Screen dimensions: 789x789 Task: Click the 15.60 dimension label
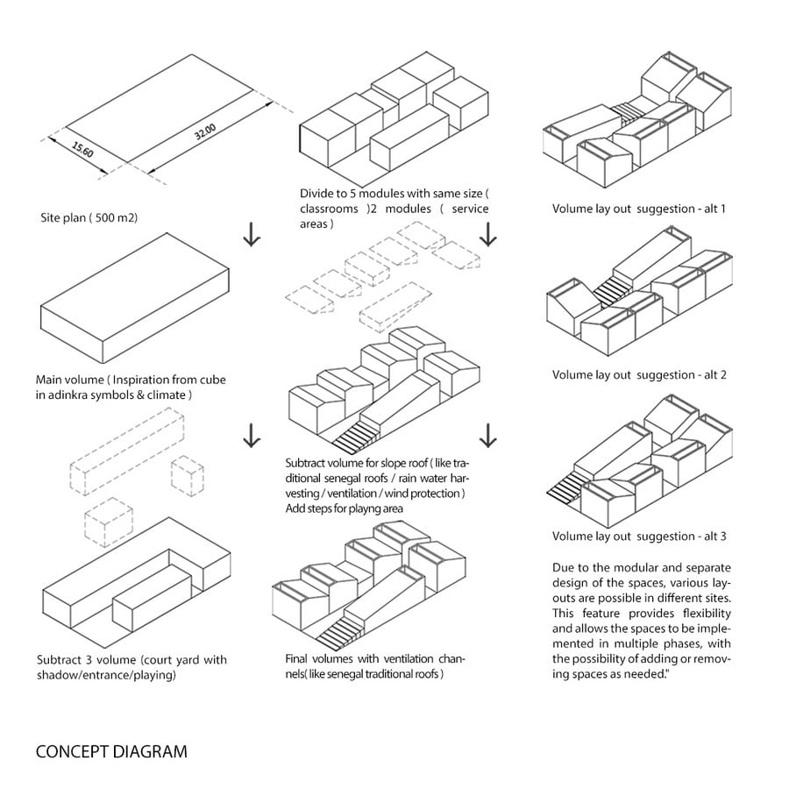pyautogui.click(x=82, y=150)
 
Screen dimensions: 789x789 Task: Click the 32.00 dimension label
pyautogui.click(x=205, y=131)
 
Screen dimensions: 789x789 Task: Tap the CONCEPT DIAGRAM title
pyautogui.click(x=111, y=752)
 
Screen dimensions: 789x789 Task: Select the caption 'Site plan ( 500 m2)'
pyautogui.click(x=89, y=218)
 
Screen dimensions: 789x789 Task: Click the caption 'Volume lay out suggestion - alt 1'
pyautogui.click(x=639, y=209)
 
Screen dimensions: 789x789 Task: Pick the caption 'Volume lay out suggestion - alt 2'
pyautogui.click(x=639, y=375)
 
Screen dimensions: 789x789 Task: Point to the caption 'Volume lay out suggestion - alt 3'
pyautogui.click(x=639, y=537)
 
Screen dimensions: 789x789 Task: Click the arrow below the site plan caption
pyautogui.click(x=252, y=235)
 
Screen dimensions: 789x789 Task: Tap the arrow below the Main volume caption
pyautogui.click(x=252, y=436)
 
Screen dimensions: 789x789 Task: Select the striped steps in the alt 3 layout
pyautogui.click(x=566, y=487)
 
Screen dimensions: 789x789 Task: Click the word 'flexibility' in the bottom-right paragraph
pyautogui.click(x=707, y=614)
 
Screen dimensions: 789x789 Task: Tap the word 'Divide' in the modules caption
pyautogui.click(x=316, y=194)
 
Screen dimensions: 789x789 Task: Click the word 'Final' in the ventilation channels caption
pyautogui.click(x=296, y=659)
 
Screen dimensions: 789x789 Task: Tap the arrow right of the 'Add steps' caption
pyautogui.click(x=487, y=436)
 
